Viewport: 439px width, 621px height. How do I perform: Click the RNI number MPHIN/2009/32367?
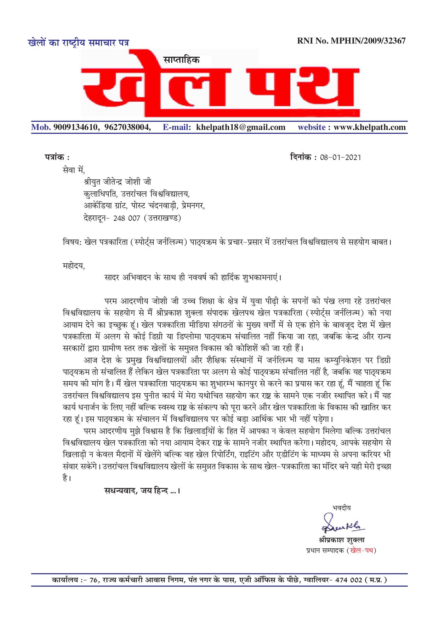point(368,41)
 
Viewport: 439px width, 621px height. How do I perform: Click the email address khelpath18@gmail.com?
point(241,127)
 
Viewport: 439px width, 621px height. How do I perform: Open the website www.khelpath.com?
point(370,127)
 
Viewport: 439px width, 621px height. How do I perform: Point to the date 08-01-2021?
point(340,157)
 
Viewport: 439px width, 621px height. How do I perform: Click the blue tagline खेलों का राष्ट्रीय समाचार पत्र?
point(78,43)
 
